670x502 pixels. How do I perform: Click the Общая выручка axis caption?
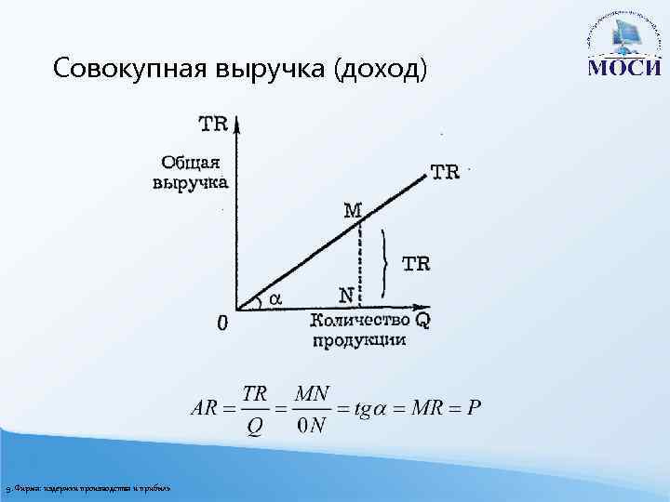189,171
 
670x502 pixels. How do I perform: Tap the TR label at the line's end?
444,173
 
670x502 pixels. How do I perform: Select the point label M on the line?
352,211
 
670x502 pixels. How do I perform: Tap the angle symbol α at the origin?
275,298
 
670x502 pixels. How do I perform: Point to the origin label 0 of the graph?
222,324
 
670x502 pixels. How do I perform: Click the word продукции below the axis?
358,340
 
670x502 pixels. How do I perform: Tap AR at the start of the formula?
205,409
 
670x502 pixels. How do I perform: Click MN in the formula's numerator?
311,394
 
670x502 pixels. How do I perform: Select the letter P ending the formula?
474,409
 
